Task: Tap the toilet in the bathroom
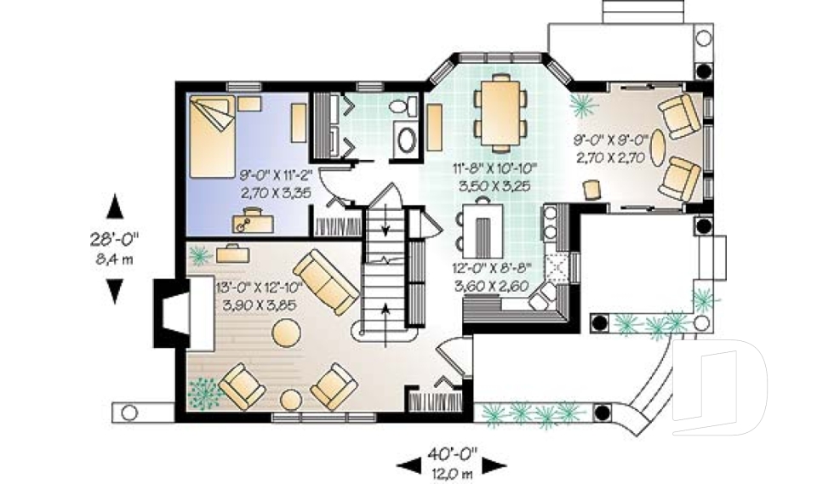click(x=404, y=108)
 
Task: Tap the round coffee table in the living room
click(x=287, y=334)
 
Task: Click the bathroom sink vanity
click(x=407, y=139)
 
